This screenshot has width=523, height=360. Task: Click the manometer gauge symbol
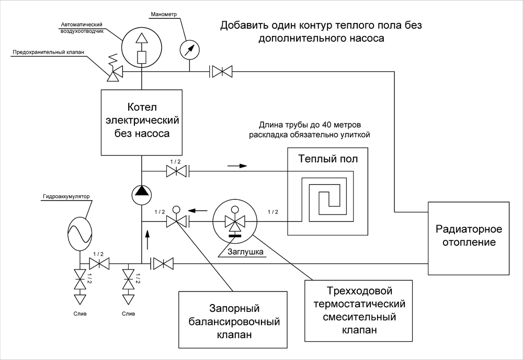[x=189, y=49]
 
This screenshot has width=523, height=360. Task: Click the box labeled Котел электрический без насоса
[x=142, y=122]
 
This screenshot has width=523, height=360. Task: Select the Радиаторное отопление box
[x=469, y=238]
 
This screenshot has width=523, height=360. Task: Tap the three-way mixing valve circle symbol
[x=235, y=221]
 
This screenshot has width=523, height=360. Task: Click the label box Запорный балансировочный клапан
[x=233, y=320]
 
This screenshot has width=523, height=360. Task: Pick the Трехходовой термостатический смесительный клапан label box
[x=359, y=311]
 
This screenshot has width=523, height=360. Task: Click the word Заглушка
[x=245, y=252]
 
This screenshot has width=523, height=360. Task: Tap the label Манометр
[x=164, y=14]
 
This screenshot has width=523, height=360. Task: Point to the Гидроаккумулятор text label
[x=66, y=197]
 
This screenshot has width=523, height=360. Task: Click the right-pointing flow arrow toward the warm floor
[x=237, y=165]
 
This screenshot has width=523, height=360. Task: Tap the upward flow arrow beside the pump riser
[x=147, y=239]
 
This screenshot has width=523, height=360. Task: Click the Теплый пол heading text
[x=328, y=159]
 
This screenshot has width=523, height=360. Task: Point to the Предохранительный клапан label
[x=48, y=52]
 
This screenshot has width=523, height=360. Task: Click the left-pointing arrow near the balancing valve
[x=198, y=210]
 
